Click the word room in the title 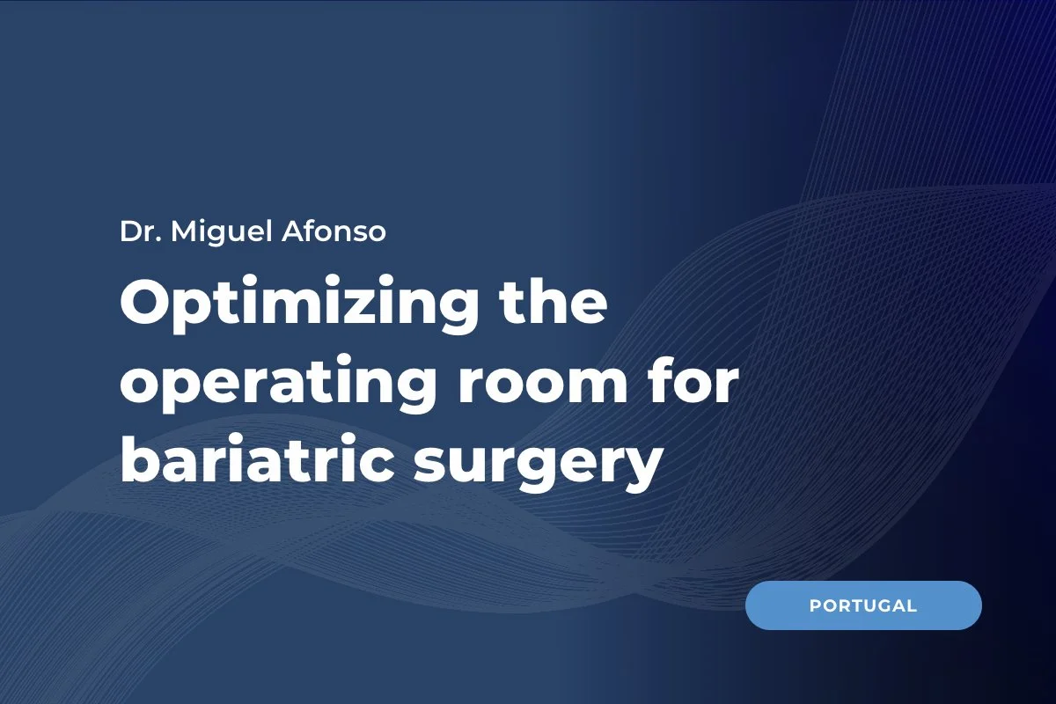tap(560, 388)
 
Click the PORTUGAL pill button tap(862, 605)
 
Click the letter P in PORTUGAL tap(814, 605)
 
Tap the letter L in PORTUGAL tap(912, 605)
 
